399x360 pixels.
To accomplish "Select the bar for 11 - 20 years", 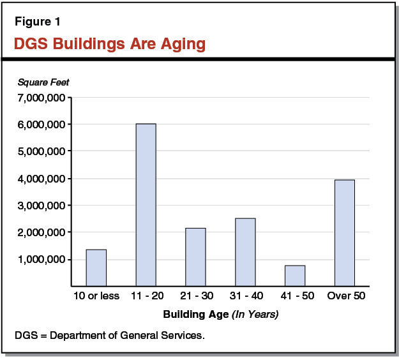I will pyautogui.click(x=146, y=204).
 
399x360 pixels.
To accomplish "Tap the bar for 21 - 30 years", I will pyautogui.click(x=195, y=256).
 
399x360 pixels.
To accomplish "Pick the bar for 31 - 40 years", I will pyautogui.click(x=245, y=251).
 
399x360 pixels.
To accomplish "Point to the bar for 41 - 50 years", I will pyautogui.click(x=295, y=275).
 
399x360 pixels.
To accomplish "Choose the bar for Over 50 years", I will pyautogui.click(x=345, y=232).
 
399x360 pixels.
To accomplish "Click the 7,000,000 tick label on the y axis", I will pyautogui.click(x=42, y=98).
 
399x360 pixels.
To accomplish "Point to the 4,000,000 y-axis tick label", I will pyautogui.click(x=42, y=179).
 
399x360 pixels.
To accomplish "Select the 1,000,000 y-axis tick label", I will pyautogui.click(x=42, y=260).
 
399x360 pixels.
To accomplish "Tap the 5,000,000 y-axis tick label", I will pyautogui.click(x=42, y=152).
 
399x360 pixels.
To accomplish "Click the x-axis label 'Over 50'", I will pyautogui.click(x=345, y=296).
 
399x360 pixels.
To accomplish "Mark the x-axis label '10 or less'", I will pyautogui.click(x=96, y=296).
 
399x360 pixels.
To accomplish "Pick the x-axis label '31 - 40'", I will pyautogui.click(x=245, y=296).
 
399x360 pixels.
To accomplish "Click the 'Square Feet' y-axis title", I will pyautogui.click(x=43, y=82).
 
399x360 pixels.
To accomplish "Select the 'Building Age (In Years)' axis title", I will pyautogui.click(x=221, y=314).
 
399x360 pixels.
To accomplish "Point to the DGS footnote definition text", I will pyautogui.click(x=109, y=335).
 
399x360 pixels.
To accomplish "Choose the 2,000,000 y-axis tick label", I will pyautogui.click(x=42, y=233).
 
